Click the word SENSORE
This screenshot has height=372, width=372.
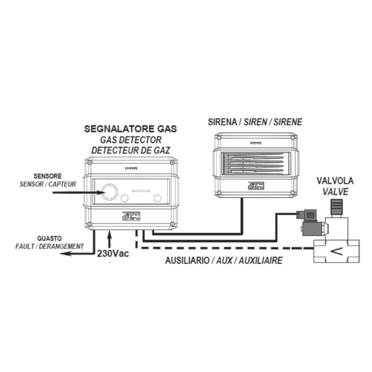[x=47, y=176]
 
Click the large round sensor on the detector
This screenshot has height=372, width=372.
[x=110, y=191]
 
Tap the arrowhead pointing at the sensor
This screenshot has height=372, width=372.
[x=99, y=191]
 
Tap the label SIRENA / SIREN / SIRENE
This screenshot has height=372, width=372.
[x=255, y=122]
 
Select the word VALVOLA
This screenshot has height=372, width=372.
[x=335, y=180]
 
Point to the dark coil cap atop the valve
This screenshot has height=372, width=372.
[x=337, y=204]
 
